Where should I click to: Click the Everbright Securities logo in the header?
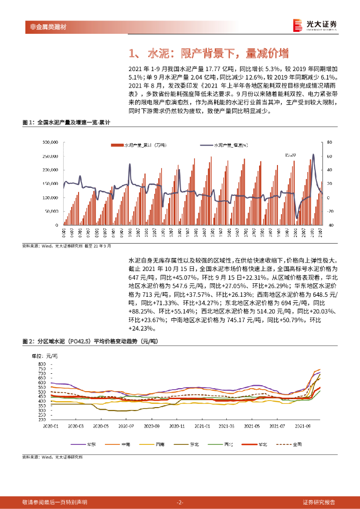tap(315, 25)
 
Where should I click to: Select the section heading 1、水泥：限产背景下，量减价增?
tap(208, 54)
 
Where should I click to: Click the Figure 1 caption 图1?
tap(27, 122)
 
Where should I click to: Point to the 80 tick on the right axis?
tap(330, 142)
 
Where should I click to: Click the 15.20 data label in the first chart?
tap(290, 155)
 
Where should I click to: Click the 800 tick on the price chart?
tap(41, 364)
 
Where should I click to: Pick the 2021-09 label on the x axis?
tap(302, 426)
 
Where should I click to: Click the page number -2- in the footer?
tap(180, 502)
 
